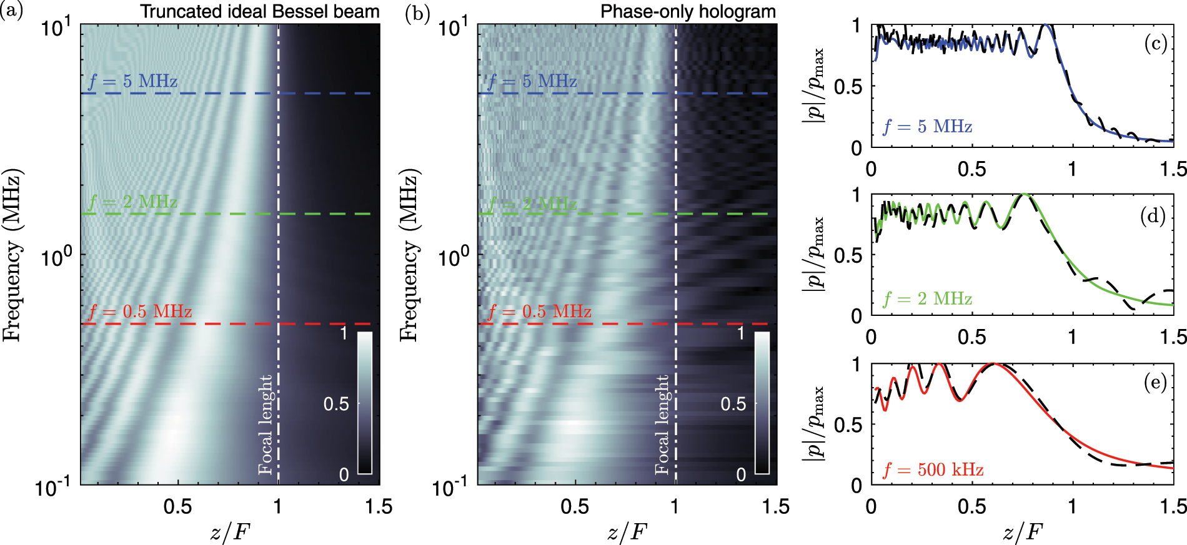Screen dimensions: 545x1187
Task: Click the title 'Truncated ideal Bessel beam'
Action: click(x=259, y=11)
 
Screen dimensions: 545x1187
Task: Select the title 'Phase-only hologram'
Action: click(x=688, y=11)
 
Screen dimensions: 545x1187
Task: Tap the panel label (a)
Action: click(x=12, y=12)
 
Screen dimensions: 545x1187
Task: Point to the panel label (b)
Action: click(x=417, y=13)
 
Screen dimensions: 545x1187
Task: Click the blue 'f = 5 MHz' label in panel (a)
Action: click(x=133, y=81)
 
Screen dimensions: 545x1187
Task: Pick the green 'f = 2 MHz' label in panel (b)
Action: click(x=532, y=203)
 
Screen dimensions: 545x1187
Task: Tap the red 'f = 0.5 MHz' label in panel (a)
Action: click(x=141, y=311)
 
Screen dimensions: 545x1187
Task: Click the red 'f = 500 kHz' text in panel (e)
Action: click(x=933, y=469)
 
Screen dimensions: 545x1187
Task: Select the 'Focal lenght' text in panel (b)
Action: click(x=662, y=424)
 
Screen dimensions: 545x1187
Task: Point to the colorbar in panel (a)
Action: click(x=365, y=403)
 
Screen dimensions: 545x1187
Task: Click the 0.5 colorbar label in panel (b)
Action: click(x=733, y=404)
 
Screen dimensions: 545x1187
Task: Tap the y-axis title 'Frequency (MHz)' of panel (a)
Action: click(x=12, y=255)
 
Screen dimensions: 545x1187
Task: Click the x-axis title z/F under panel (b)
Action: click(x=627, y=532)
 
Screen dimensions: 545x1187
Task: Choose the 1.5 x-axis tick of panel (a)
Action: click(x=379, y=506)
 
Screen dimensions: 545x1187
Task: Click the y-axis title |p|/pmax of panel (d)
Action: click(x=814, y=254)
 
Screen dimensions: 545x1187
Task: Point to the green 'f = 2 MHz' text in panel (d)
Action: click(x=928, y=299)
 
